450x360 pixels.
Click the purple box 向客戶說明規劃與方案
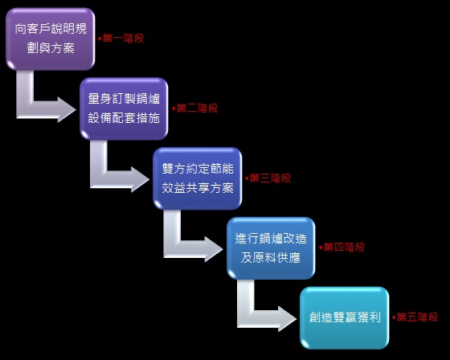click(51, 39)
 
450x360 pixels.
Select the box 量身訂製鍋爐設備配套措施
click(124, 108)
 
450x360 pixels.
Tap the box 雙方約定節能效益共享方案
click(198, 178)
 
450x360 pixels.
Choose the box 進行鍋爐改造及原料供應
click(271, 248)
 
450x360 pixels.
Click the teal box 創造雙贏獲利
click(345, 317)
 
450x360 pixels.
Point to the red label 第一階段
click(123, 39)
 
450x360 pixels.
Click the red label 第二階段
click(197, 108)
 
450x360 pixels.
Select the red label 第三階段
click(270, 178)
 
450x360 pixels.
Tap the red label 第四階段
click(344, 247)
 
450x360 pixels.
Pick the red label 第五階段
click(417, 317)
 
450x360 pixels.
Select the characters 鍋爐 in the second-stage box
click(149, 99)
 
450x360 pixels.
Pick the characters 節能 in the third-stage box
click(222, 169)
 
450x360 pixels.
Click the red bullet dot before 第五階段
click(394, 317)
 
